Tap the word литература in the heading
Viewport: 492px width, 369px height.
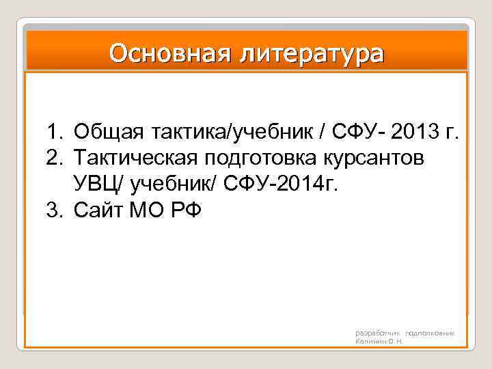pos(311,53)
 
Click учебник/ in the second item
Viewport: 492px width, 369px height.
pos(178,183)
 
